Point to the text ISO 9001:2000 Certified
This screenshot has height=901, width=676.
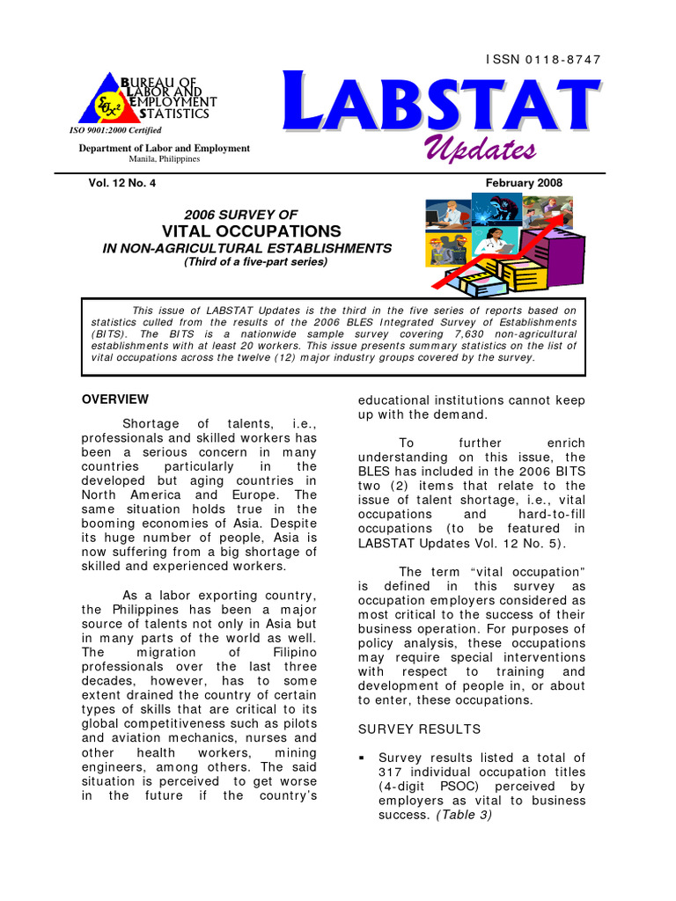(115, 130)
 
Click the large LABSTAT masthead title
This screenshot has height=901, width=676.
(442, 104)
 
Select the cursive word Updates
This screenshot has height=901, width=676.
(481, 149)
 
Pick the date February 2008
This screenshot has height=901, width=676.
(524, 183)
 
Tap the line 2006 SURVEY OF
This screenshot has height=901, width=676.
(240, 215)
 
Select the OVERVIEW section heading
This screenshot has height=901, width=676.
(115, 399)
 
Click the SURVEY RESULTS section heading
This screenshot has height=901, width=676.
(419, 729)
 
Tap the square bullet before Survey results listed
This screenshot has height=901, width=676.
(362, 758)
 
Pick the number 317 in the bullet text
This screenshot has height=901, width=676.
(390, 773)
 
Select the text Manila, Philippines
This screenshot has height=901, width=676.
(165, 159)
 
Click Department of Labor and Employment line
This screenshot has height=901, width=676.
(165, 148)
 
